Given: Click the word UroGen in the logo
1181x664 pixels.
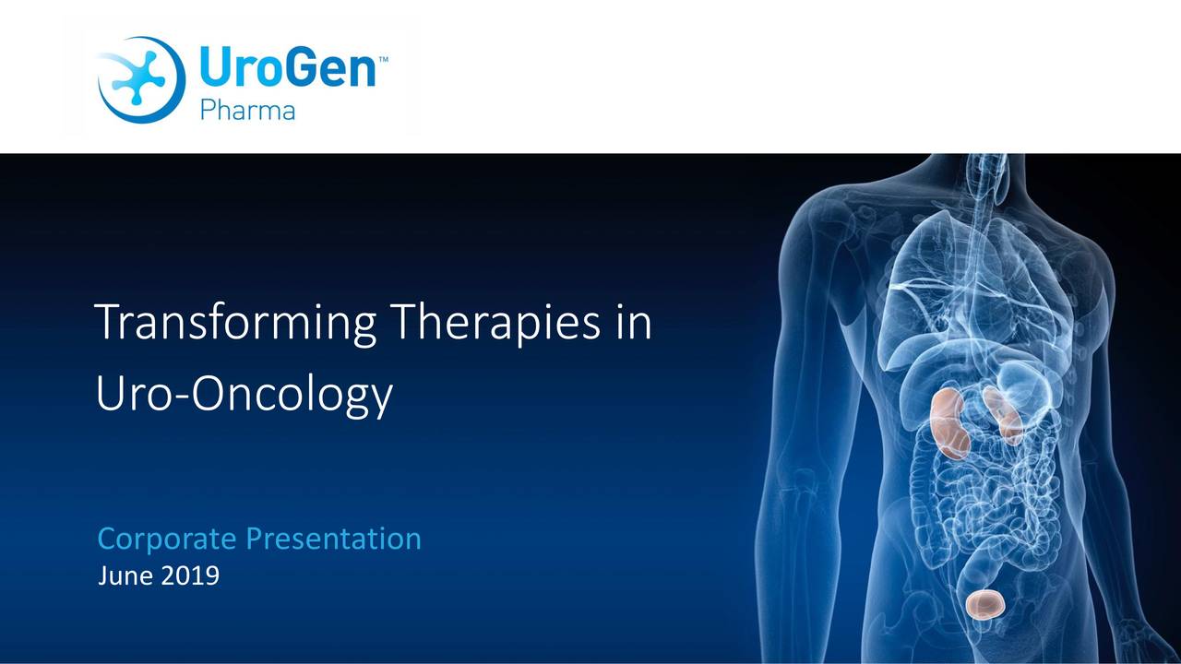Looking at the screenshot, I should [x=287, y=68].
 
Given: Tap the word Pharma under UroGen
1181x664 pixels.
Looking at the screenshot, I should [x=247, y=112].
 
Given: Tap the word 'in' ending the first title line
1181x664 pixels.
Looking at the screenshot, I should [x=632, y=322].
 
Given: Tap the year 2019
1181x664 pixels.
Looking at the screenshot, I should [x=192, y=577].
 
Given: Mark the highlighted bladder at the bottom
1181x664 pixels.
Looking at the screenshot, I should [x=985, y=603].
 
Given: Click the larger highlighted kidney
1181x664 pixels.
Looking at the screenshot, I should [x=949, y=422].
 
